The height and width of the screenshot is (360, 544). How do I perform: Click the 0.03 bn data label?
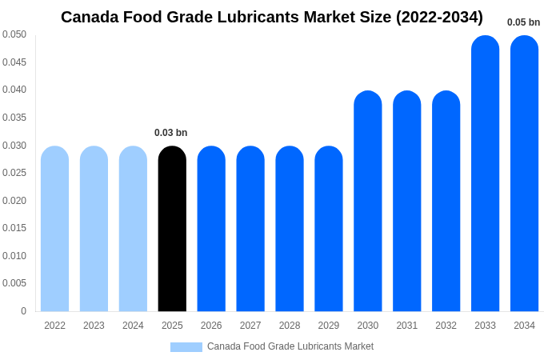(171, 133)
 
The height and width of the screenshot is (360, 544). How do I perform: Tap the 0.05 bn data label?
(523, 22)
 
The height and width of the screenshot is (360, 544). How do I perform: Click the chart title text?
(272, 17)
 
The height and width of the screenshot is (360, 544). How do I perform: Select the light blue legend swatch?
(186, 347)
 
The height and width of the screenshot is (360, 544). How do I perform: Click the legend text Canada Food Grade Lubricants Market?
(290, 346)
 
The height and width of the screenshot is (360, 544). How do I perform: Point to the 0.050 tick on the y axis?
(14, 34)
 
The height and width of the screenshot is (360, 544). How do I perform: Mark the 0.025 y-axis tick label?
(14, 173)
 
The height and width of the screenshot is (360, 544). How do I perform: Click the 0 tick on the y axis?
(23, 311)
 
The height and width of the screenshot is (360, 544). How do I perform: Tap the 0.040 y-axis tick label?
(14, 90)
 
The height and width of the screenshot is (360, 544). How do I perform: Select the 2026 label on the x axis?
(211, 326)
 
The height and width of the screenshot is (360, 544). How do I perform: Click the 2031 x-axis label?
(406, 326)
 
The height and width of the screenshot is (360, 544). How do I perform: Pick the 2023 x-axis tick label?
(94, 326)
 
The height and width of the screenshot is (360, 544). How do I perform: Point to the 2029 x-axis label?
(329, 326)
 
